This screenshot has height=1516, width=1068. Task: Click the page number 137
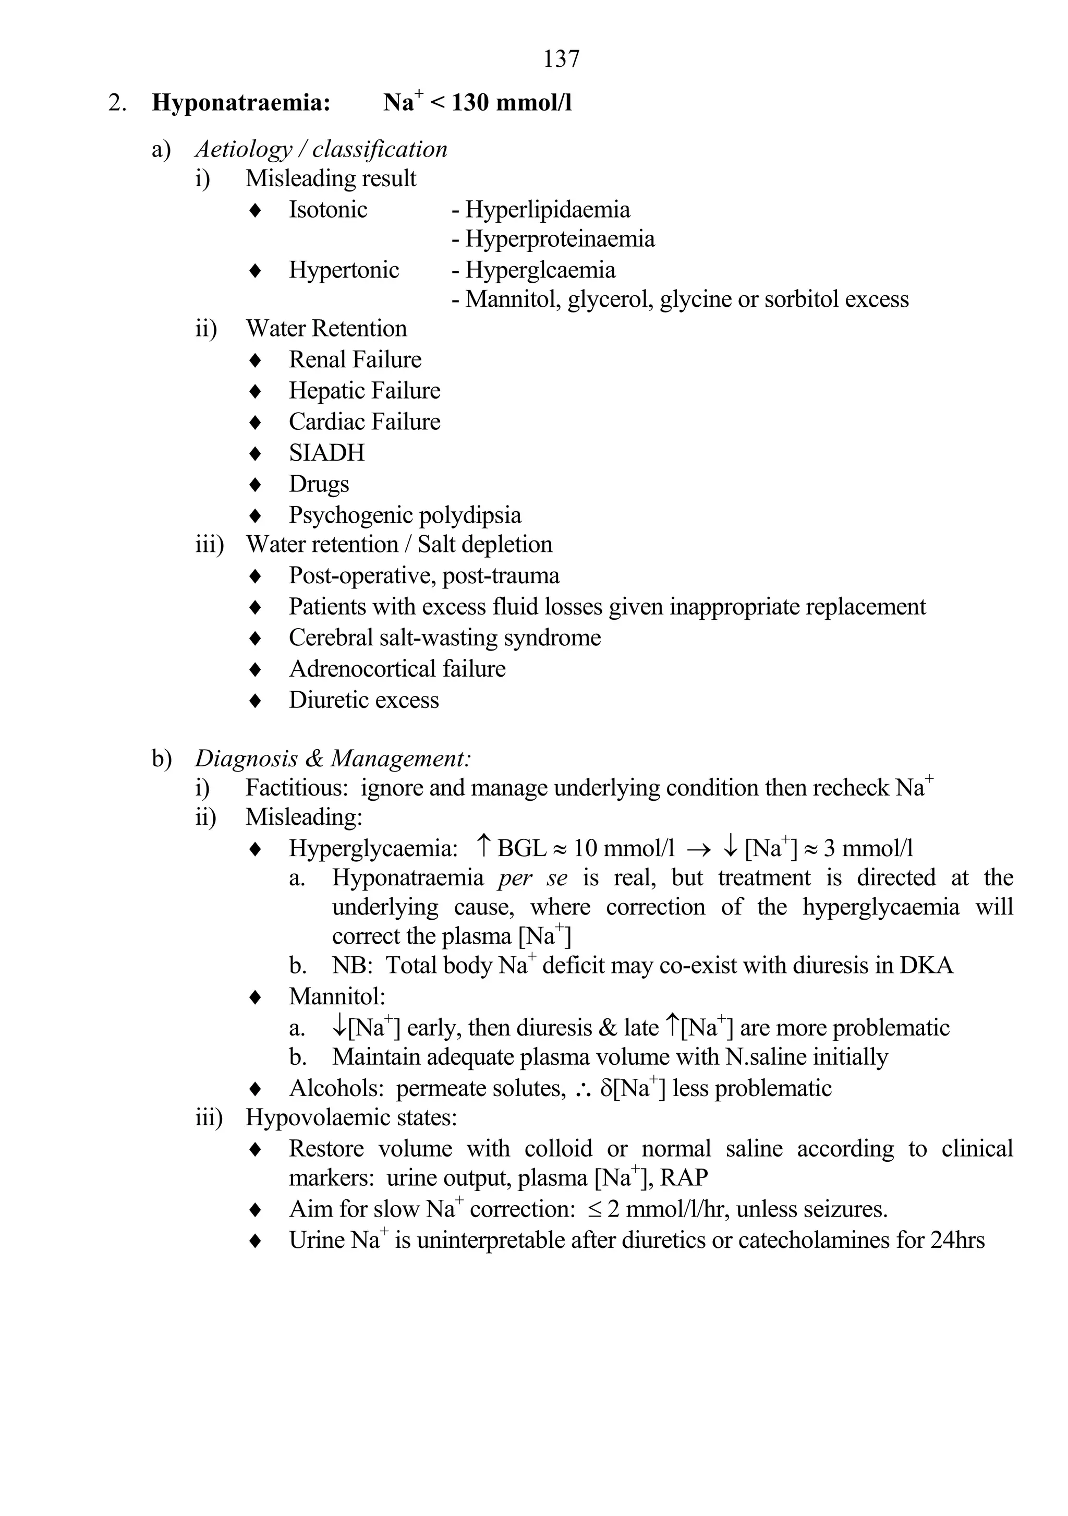(x=561, y=59)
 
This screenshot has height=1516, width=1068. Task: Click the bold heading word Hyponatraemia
(x=240, y=103)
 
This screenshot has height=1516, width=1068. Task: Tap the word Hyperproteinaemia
(x=560, y=239)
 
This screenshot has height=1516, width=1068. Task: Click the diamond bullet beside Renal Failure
(x=255, y=360)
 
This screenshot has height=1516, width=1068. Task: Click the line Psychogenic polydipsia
(x=405, y=515)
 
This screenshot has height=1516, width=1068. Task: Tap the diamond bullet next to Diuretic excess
(x=255, y=701)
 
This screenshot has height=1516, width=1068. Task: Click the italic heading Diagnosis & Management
(x=332, y=759)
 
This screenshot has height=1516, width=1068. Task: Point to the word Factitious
(x=298, y=788)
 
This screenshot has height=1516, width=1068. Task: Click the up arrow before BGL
(x=483, y=847)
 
